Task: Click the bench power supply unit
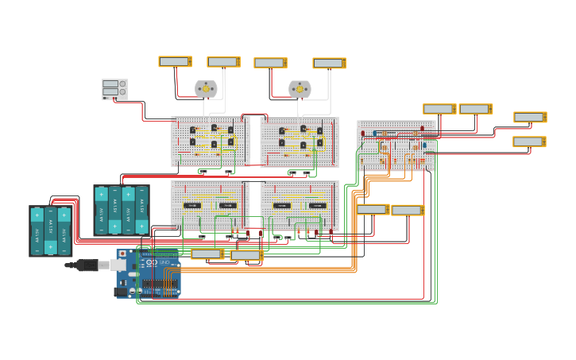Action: (x=114, y=89)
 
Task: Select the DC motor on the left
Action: (x=206, y=89)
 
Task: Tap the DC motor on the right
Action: (x=300, y=89)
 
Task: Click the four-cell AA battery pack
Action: (x=121, y=211)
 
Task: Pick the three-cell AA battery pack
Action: (x=51, y=231)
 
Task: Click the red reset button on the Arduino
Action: (x=122, y=254)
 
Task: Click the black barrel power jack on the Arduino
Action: (x=121, y=292)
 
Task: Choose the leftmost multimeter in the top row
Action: (x=175, y=61)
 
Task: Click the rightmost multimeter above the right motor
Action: (x=329, y=63)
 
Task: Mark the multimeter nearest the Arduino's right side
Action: (x=207, y=254)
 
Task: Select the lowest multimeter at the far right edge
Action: (x=529, y=141)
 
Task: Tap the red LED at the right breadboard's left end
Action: (x=363, y=134)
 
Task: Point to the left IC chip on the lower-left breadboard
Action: (x=191, y=205)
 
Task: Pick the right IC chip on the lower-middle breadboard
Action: (x=317, y=205)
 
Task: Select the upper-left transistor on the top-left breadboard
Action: (x=192, y=130)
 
